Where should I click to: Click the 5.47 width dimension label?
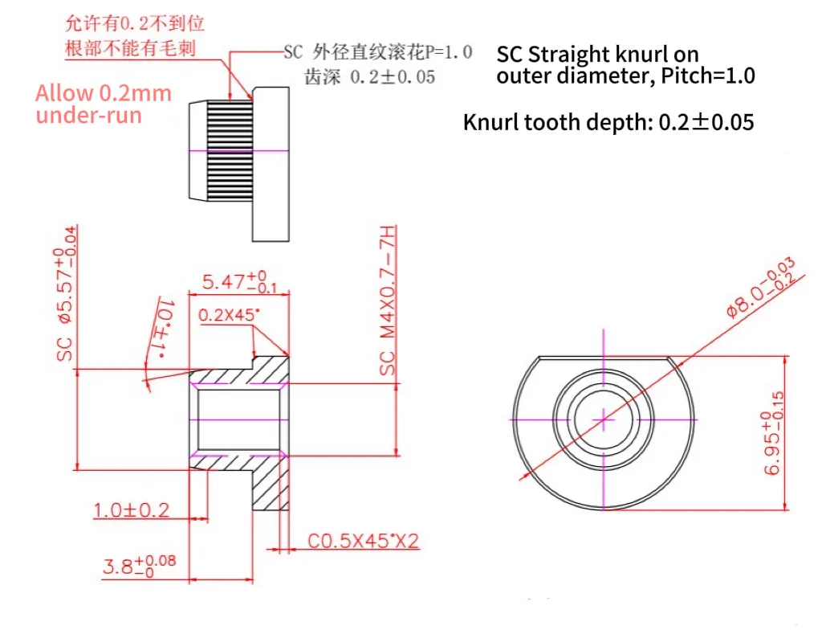239,282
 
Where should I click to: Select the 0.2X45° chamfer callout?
229,315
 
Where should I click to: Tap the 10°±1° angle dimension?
163,329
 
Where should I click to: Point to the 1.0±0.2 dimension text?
131,510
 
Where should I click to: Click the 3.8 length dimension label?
140,566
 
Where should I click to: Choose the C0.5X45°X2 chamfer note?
364,541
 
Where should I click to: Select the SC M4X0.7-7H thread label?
388,301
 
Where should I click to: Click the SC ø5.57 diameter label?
66,293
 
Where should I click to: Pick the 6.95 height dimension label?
775,433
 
